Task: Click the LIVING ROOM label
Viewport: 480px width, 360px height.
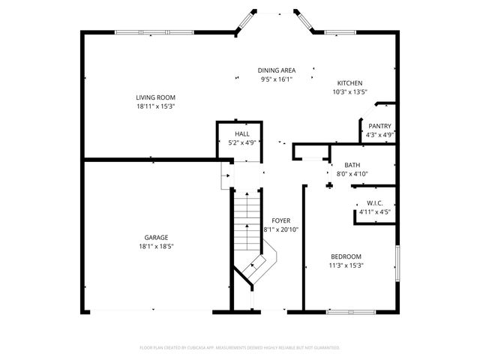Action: pos(155,97)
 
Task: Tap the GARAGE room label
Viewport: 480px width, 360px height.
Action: pos(156,237)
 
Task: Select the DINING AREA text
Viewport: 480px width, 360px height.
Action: pos(276,70)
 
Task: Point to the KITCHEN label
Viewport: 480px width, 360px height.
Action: pos(349,83)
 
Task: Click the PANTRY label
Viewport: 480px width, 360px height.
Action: pos(379,126)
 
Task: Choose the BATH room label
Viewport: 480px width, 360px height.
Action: pos(352,165)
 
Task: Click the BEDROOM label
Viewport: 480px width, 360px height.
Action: pos(346,256)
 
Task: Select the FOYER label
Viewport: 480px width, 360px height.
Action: pos(281,220)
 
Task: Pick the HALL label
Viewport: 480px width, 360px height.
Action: pos(241,133)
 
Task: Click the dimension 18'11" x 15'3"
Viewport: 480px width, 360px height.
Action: pos(155,106)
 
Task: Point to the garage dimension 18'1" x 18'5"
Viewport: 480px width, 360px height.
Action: pos(156,246)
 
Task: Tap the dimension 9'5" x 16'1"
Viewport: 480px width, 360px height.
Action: pos(276,79)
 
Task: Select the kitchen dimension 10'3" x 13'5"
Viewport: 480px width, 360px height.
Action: pos(349,92)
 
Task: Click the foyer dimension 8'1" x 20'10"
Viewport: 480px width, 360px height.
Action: pos(281,229)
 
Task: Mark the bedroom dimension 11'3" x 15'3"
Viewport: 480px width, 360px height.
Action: pos(346,265)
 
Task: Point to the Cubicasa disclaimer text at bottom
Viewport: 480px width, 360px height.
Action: pos(240,347)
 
